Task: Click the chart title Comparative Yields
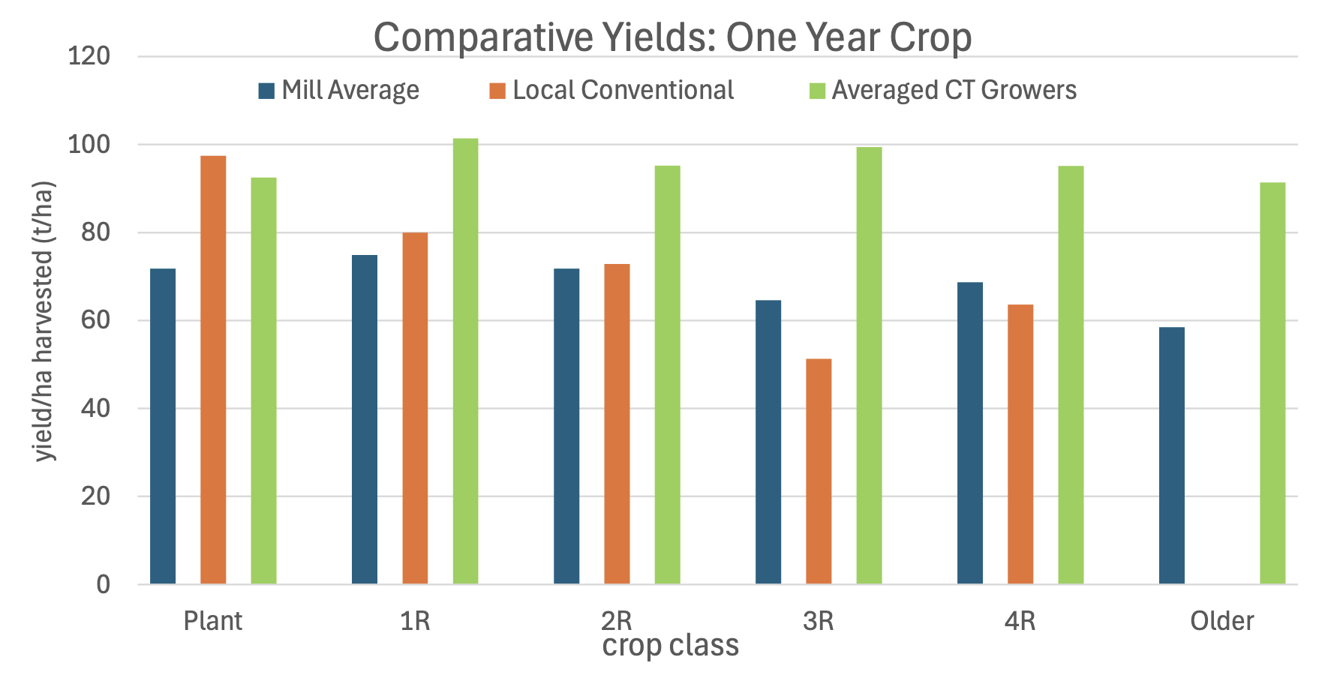tap(672, 37)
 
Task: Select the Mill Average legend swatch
tap(266, 91)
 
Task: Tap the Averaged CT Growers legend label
tap(954, 91)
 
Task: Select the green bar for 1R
tap(465, 361)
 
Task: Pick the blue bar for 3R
tap(768, 442)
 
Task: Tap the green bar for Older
tap(1272, 383)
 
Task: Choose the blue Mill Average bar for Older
tap(1171, 455)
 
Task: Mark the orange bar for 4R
tap(1020, 444)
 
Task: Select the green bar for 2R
tap(667, 375)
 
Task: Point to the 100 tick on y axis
tap(89, 145)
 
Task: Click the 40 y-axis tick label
tap(95, 409)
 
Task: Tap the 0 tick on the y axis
tap(103, 584)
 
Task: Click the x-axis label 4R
tap(1020, 621)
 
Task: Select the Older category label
tap(1221, 621)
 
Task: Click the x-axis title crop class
tap(670, 646)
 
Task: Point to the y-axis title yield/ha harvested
tap(45, 321)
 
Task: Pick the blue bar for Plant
tap(163, 426)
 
